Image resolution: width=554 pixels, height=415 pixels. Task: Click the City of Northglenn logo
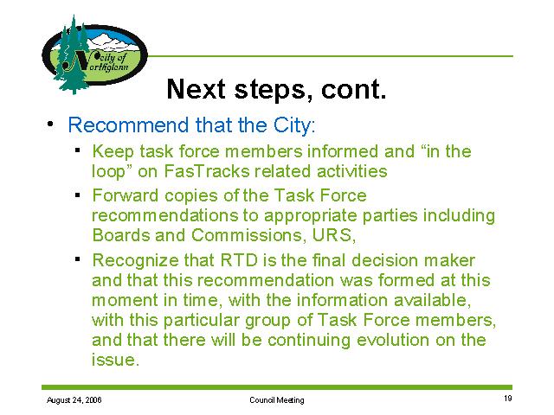94,54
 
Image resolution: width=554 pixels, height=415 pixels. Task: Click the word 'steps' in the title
269,89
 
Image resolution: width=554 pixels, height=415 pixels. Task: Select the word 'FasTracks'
207,171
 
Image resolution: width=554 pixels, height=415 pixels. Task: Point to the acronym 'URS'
333,235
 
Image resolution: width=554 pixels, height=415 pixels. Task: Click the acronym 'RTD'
239,261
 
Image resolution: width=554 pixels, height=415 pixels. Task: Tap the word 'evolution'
393,340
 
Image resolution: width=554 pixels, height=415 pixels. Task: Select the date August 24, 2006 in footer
74,399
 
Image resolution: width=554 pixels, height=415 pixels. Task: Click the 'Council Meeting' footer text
277,399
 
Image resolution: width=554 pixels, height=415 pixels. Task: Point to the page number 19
508,399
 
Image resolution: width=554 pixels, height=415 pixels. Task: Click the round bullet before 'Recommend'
50,124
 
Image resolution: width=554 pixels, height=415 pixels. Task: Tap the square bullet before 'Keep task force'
78,150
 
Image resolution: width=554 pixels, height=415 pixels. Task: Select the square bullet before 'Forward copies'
78,195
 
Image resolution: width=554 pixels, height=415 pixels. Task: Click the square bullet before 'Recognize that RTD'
78,259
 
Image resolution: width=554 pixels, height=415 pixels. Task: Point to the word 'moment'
125,301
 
